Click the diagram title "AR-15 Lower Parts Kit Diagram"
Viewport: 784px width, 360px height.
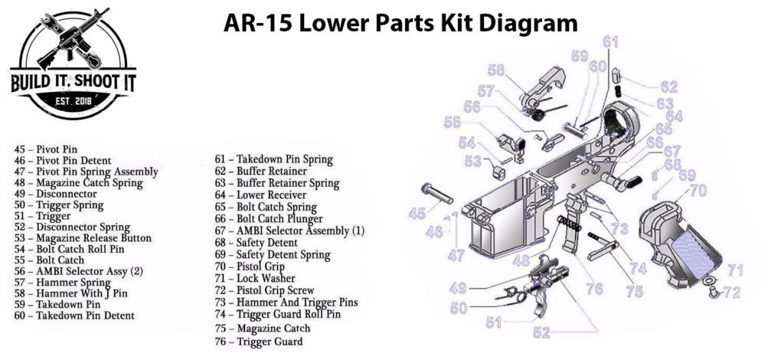400,23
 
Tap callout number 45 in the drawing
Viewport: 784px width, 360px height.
416,214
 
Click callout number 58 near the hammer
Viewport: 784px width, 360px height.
496,70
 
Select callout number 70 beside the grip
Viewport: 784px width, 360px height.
697,191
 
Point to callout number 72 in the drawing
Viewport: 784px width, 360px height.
732,292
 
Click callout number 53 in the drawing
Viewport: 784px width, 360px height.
472,160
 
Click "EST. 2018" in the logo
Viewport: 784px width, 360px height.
73,101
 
